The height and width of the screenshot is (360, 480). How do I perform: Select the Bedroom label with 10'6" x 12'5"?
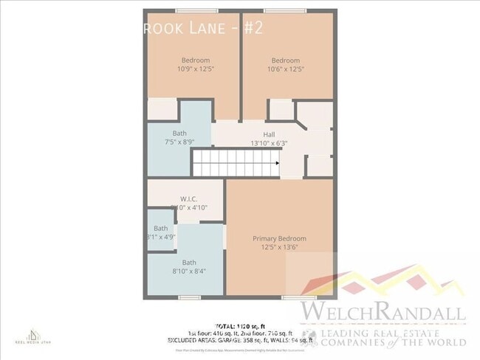[285, 60]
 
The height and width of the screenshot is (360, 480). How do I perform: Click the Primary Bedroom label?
[279, 238]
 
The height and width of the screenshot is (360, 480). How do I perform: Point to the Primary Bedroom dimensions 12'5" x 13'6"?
[279, 247]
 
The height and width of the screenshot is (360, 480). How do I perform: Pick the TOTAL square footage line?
[240, 325]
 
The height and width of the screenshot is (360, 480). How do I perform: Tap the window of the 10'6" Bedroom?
[275, 10]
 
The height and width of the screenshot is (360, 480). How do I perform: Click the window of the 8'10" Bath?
[190, 297]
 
